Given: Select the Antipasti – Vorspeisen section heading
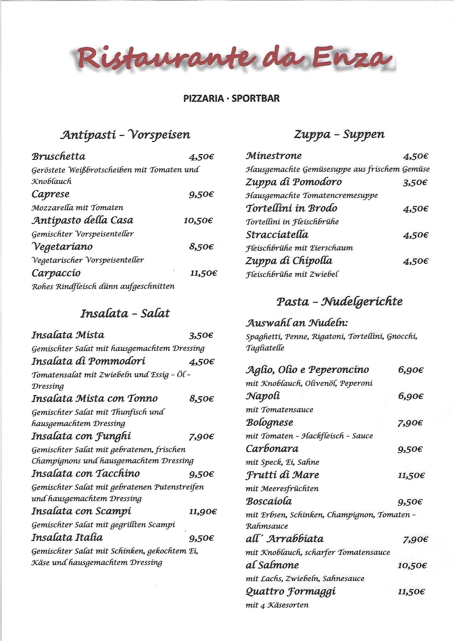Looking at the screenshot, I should coord(125,135).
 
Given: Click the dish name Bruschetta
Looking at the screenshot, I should coord(58,156).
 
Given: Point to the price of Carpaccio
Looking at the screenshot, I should coord(203,273).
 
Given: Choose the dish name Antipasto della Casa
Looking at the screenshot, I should coord(82,220).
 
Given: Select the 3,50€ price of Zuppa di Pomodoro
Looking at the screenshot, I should coord(415,183).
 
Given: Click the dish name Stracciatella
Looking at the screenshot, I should coord(277,234).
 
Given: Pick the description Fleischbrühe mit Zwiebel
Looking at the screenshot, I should coord(292,274).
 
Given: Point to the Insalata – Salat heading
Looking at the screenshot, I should coord(125,314).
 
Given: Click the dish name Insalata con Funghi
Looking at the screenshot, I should coord(81,436).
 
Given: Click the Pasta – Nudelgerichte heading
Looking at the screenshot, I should coord(339,302).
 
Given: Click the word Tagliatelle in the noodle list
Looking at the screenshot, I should coord(265,348).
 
